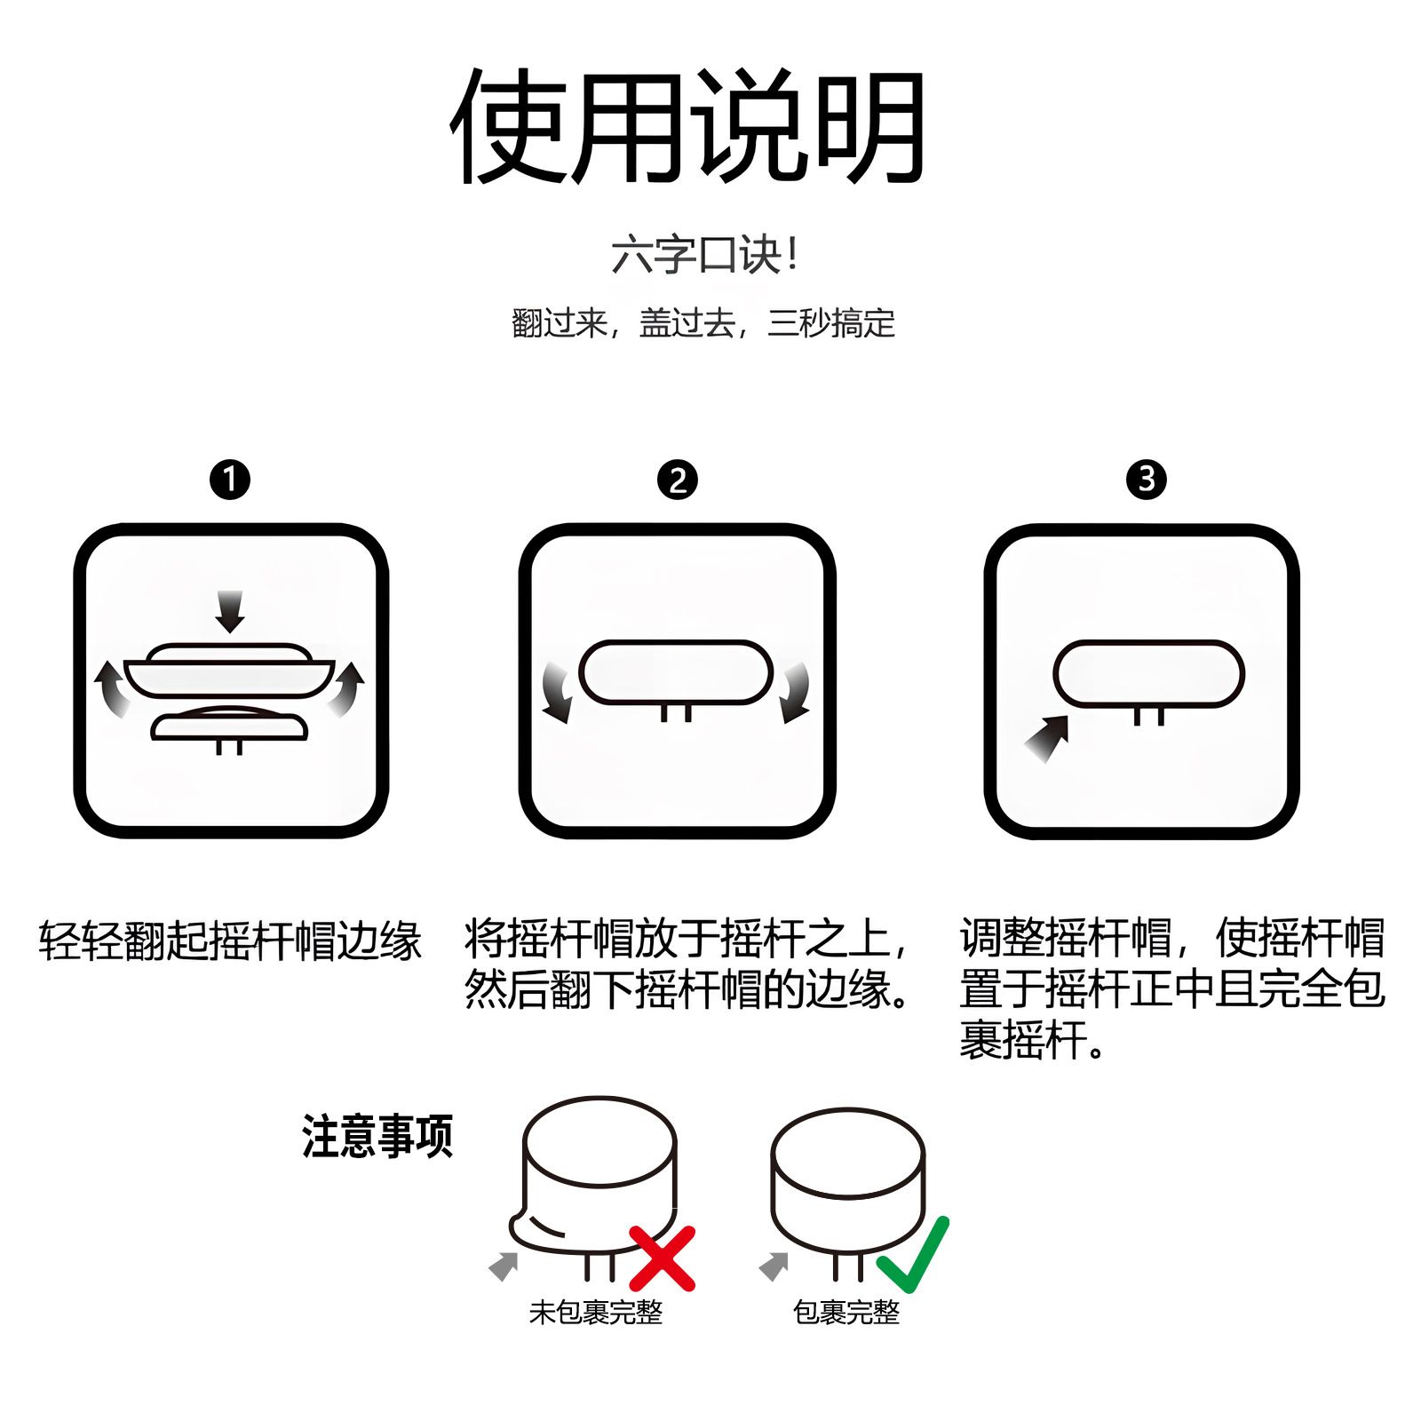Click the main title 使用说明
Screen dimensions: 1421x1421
point(688,126)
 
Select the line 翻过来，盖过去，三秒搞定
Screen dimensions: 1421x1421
point(703,322)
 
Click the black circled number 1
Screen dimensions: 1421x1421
point(230,480)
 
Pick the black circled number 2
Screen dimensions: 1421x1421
point(678,480)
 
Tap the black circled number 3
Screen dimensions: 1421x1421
point(1146,480)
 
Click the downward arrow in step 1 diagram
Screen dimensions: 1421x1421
point(230,611)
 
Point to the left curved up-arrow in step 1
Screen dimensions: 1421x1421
point(112,688)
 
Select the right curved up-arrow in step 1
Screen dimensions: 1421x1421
point(346,688)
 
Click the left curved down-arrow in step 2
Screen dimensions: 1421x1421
point(557,693)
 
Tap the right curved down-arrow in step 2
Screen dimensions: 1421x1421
point(795,693)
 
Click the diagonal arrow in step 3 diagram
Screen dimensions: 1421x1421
point(1047,738)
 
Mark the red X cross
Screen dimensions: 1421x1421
point(662,1258)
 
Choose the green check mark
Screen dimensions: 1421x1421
point(913,1254)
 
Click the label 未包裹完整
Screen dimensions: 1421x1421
point(596,1313)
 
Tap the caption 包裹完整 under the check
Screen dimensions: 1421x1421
point(846,1313)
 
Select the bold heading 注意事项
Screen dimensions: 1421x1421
point(377,1137)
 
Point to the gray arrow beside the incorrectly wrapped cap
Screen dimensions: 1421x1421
point(504,1266)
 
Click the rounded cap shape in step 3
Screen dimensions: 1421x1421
point(1148,674)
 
